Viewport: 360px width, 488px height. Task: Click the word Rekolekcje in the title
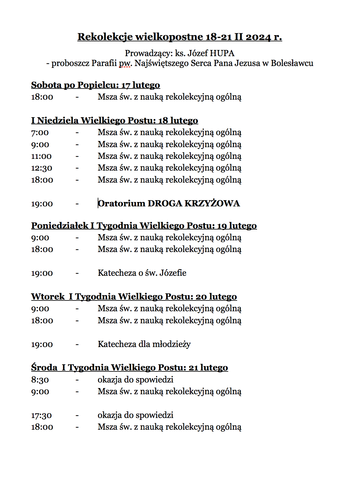[x=105, y=37]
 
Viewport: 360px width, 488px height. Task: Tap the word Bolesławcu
[x=292, y=63]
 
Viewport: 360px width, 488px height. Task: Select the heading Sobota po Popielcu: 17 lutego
[x=96, y=85]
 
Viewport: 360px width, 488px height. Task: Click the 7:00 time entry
[x=40, y=133]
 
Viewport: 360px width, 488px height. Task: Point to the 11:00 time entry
[x=41, y=156]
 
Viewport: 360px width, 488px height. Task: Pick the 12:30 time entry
[x=42, y=168]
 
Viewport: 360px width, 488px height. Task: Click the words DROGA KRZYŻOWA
[x=194, y=204]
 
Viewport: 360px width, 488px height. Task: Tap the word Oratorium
[x=121, y=204]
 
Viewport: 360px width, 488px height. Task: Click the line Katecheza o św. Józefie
[x=142, y=273]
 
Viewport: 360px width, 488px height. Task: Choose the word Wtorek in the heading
[x=48, y=297]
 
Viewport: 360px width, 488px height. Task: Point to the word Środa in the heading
[x=44, y=368]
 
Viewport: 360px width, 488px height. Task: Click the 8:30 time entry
[x=40, y=380]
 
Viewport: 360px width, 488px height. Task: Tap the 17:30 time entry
[x=41, y=416]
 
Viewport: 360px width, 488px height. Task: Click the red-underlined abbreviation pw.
[x=125, y=64]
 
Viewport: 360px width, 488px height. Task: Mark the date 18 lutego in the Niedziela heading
[x=178, y=121]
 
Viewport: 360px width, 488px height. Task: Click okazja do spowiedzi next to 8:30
[x=135, y=380]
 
